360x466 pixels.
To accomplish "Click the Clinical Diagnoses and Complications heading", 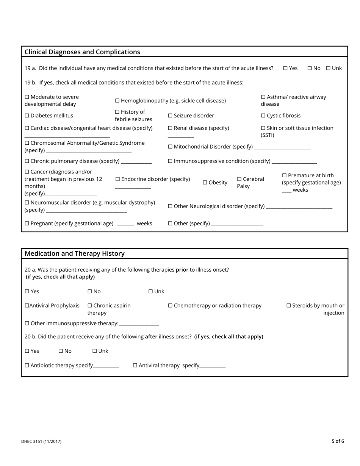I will pos(82,52).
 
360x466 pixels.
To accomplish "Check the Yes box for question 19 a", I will pos(285,68).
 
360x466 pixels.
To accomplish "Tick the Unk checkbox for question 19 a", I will pos(328,68).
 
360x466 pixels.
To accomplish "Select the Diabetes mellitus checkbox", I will pos(27,116).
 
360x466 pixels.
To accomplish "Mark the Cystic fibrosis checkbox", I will pos(263,116).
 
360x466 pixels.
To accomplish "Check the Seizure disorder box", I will pos(170,116).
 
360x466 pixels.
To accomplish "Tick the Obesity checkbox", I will pos(205,183).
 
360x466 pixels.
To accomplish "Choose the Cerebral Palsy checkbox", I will pos(239,179).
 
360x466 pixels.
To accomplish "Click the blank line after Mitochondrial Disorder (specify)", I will pos(282,147).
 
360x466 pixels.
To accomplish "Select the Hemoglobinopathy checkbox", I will pos(117,100).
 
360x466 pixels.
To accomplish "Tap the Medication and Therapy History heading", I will pos(74,253).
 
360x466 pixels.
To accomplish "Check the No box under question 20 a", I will pos(90,291).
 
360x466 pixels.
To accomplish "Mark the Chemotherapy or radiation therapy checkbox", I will pos(170,305).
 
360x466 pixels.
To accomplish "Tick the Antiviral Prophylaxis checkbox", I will pos(27,305).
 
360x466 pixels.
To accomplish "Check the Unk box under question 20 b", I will pos(95,351).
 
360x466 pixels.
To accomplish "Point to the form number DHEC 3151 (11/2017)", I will pos(41,441).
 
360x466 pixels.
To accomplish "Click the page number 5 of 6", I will pos(338,441).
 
